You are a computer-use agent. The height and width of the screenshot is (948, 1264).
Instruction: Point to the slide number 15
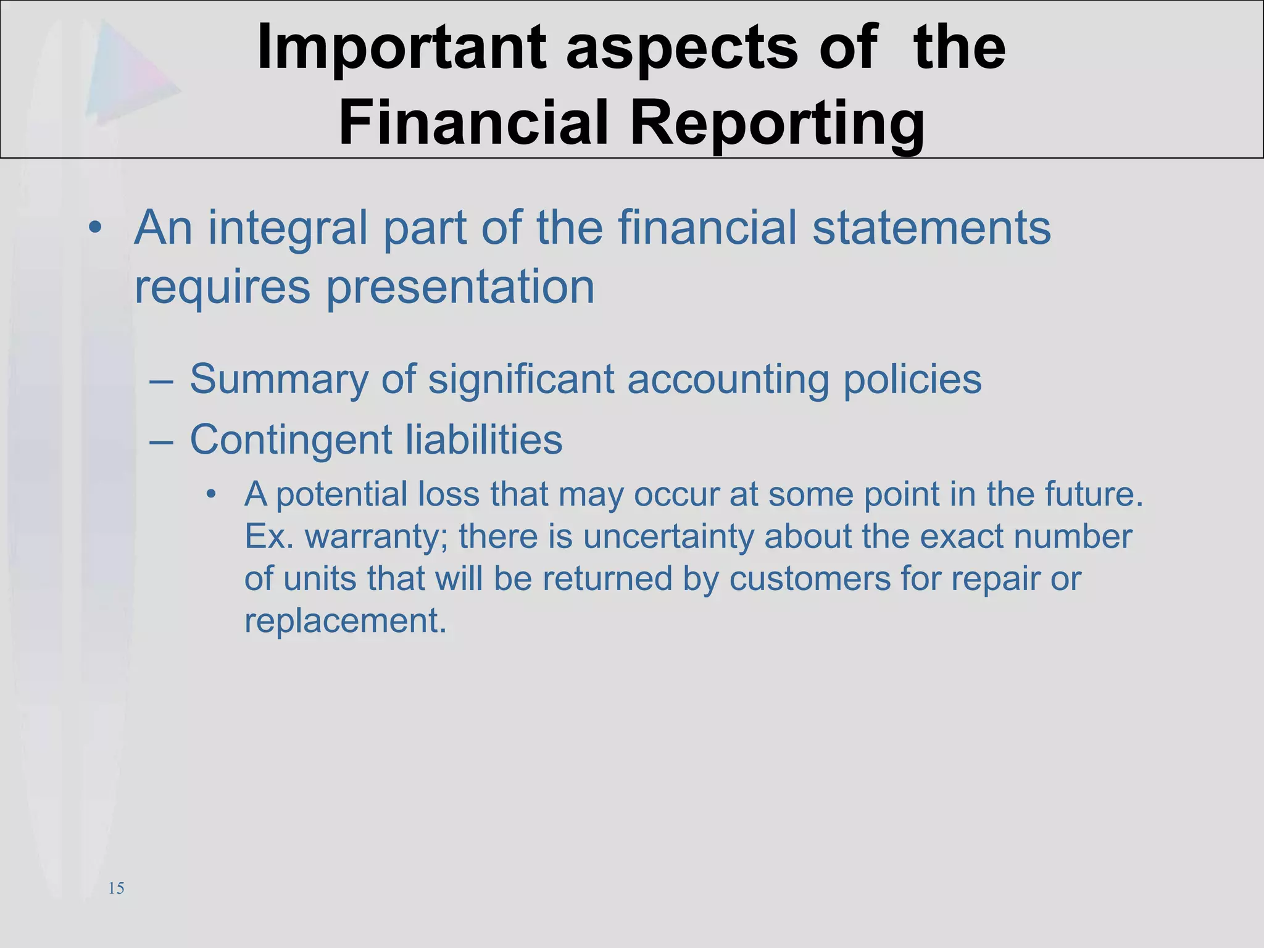[116, 888]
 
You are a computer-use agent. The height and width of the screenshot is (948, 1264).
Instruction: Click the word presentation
[460, 288]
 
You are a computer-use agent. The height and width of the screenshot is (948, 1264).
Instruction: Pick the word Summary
[279, 379]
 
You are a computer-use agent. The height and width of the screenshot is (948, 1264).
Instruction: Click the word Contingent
[291, 439]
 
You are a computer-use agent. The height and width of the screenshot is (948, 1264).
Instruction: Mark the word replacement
[345, 620]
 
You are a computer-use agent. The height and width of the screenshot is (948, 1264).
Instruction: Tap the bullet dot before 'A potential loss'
[212, 495]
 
